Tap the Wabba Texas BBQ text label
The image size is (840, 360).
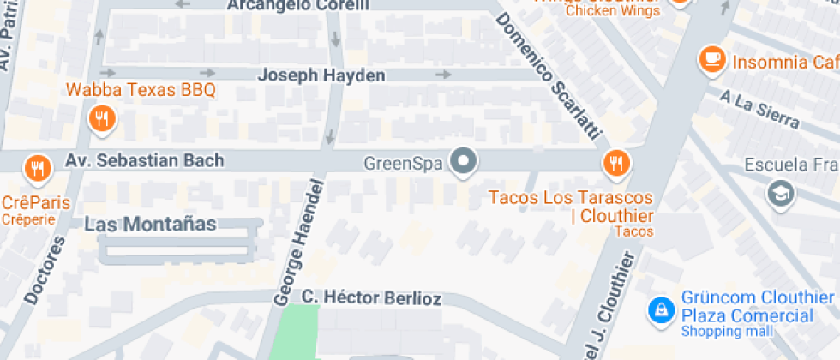point(141,90)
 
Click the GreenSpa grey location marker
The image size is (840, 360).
point(465,160)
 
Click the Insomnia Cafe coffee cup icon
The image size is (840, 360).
point(711,59)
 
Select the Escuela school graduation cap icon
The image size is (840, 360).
point(781,192)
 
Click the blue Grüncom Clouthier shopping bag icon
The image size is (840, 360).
point(661,309)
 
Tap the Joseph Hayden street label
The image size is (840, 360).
point(322,75)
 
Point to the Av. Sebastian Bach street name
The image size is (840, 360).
point(145,160)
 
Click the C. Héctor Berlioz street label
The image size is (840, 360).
point(371,298)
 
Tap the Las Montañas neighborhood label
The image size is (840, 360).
point(150,225)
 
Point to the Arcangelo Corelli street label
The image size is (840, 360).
point(298,5)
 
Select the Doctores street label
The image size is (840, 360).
point(45,269)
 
